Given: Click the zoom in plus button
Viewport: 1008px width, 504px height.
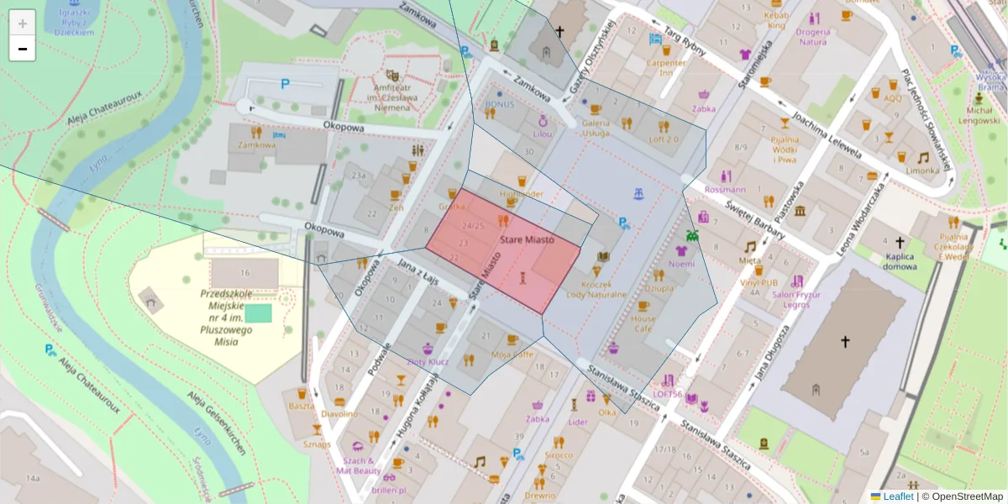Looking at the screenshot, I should click(x=23, y=23).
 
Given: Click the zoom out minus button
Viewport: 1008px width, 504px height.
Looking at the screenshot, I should click(x=23, y=49).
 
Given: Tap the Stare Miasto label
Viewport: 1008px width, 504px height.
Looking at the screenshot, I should click(x=527, y=239).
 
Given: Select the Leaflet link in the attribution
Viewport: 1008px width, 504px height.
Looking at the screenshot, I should click(x=897, y=496).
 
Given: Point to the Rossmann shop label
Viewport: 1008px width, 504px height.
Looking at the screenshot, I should click(x=725, y=190).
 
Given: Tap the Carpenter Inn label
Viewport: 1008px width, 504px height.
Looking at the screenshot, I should click(x=666, y=67).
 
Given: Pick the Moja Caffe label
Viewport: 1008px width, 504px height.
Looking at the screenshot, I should click(x=512, y=354).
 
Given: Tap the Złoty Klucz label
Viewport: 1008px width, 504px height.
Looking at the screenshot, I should click(x=428, y=362).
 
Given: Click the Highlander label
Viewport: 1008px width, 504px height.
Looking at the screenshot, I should click(x=522, y=194).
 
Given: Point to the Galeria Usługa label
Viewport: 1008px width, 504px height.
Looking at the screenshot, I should click(x=596, y=127).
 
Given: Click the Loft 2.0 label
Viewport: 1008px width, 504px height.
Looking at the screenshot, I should click(x=664, y=139).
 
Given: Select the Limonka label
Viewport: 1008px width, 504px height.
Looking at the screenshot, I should click(x=922, y=170).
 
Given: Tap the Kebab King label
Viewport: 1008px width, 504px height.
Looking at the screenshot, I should click(x=775, y=20).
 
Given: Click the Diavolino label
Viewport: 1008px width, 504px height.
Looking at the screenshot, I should click(x=339, y=413).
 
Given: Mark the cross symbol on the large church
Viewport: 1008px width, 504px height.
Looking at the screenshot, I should click(x=845, y=341).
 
